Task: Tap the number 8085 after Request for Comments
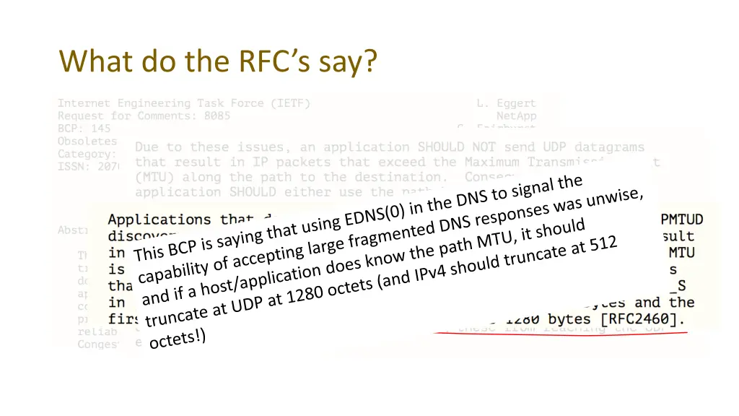pos(217,116)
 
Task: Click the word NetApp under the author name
pos(516,116)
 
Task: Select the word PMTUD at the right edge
pos(682,219)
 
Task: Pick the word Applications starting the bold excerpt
pos(159,220)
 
